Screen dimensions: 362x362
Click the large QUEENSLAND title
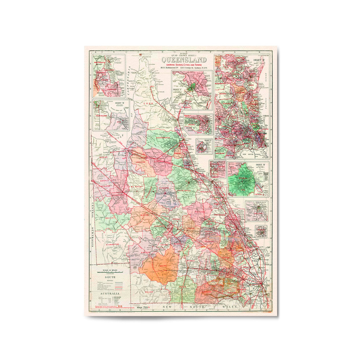tap(184, 60)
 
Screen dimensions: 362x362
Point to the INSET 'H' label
tap(260, 165)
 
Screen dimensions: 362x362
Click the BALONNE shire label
tap(207, 291)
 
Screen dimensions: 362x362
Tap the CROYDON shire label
tap(141, 162)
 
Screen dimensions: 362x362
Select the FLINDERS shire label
tap(164, 188)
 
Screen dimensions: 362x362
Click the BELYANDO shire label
tap(199, 212)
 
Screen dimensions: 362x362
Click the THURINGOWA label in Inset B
tap(102, 116)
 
